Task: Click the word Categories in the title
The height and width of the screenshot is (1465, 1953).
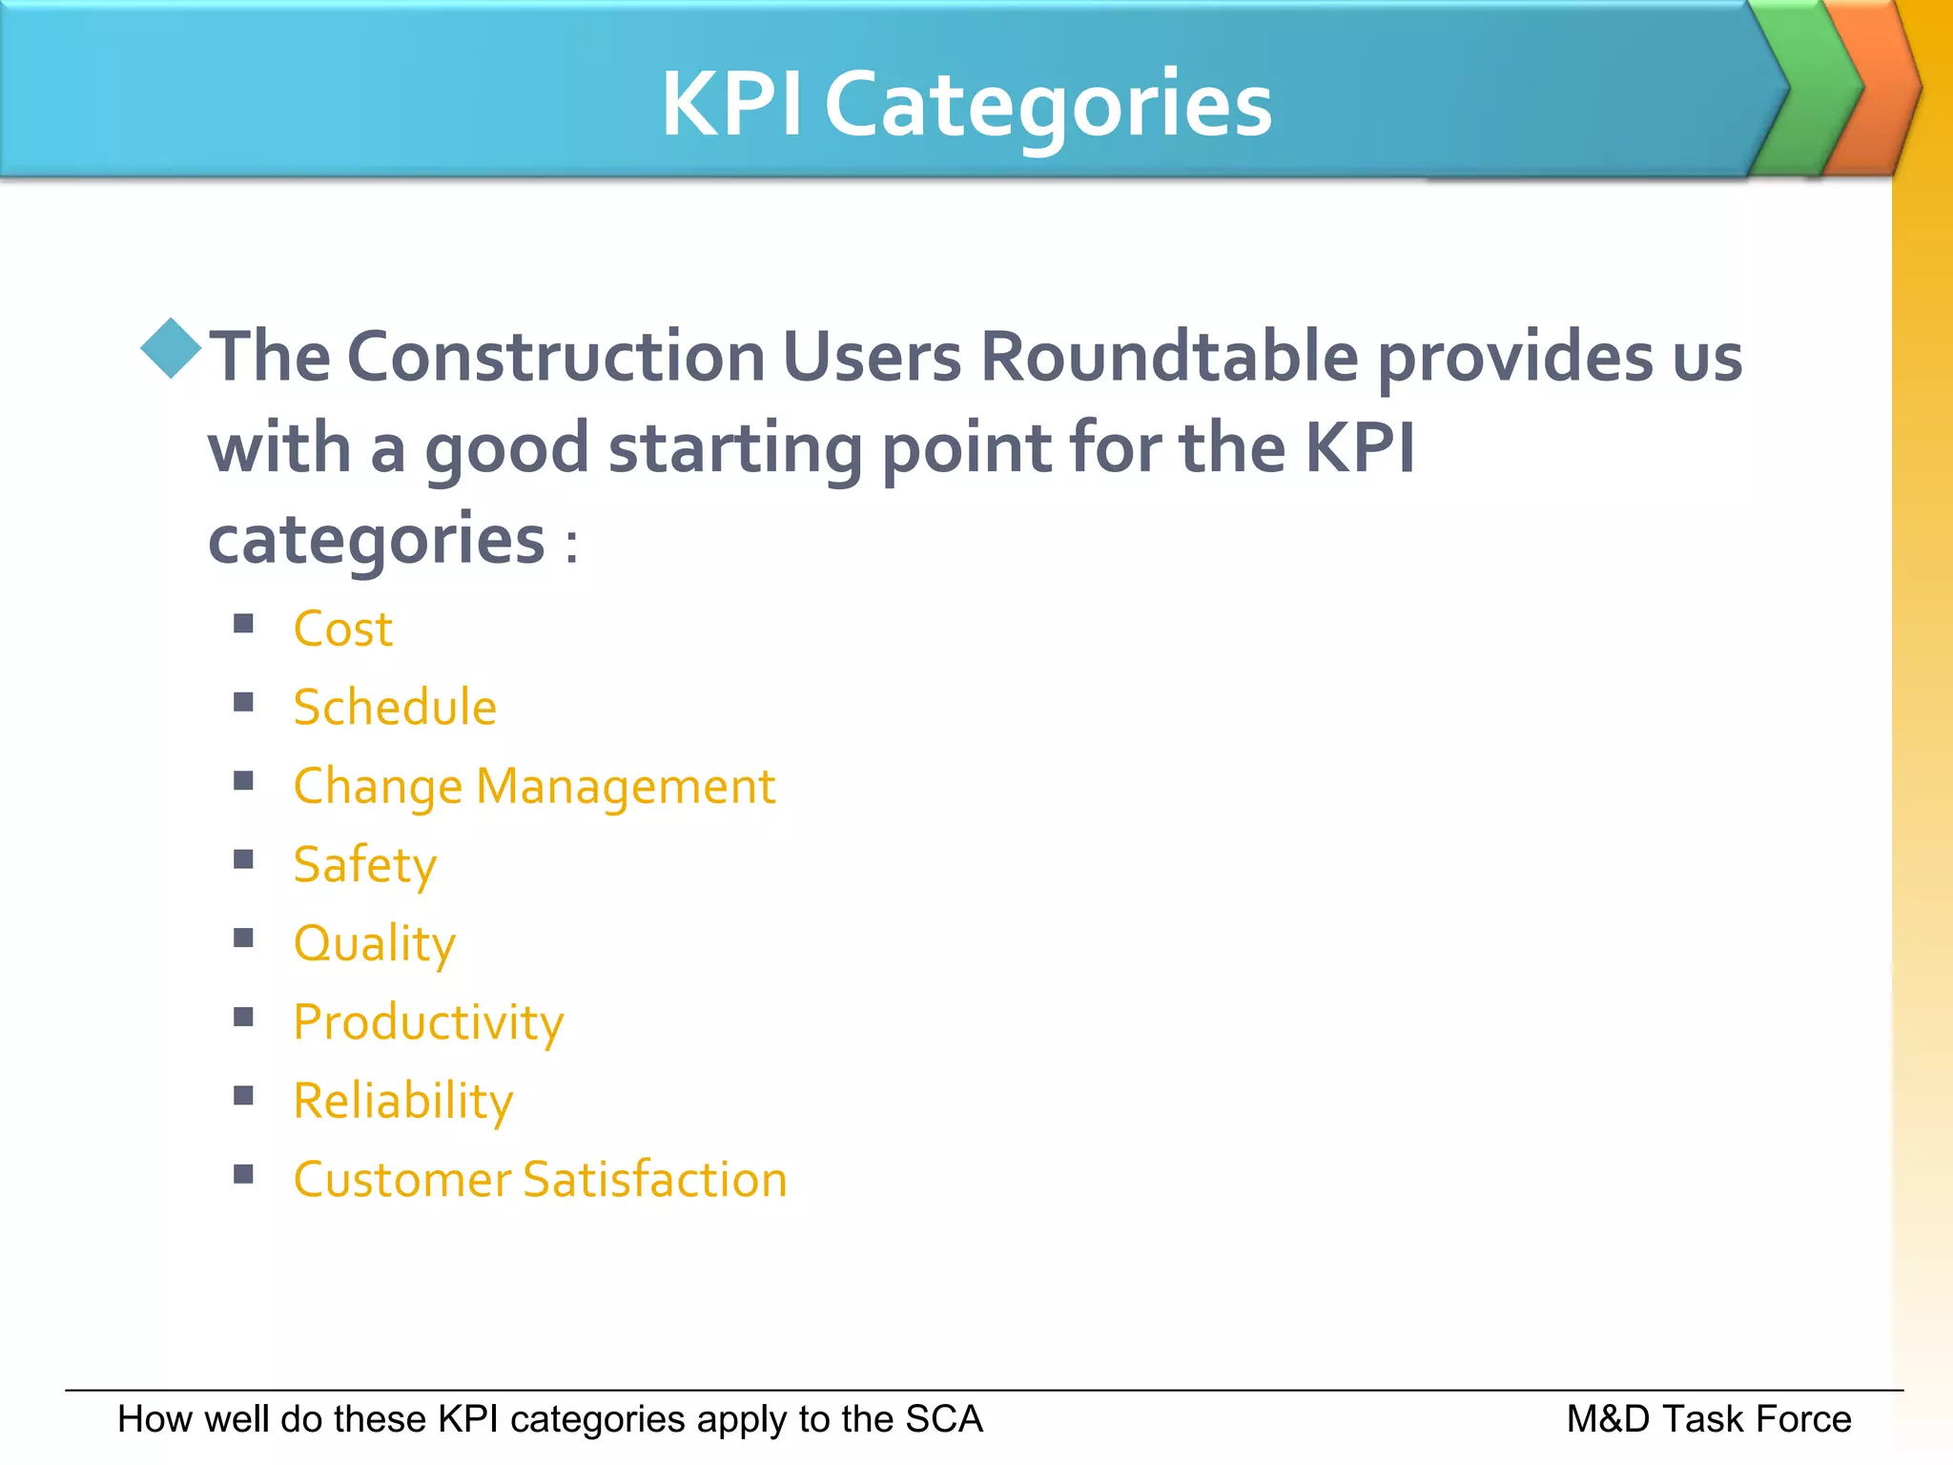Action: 1048,105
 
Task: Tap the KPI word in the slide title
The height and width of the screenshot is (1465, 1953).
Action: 731,105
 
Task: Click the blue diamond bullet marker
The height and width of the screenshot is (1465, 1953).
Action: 171,348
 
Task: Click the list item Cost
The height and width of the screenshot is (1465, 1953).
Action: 342,629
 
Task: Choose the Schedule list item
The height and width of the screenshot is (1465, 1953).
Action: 395,708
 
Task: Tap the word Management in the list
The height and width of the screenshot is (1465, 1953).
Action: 626,787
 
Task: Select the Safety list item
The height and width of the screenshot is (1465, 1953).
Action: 364,865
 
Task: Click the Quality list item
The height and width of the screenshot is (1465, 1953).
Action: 374,944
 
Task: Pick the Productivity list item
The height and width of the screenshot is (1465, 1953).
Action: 428,1022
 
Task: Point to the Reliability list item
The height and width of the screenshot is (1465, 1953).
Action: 402,1101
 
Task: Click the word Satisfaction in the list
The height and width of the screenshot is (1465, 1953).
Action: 655,1180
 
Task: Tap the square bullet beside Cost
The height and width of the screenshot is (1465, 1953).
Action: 244,624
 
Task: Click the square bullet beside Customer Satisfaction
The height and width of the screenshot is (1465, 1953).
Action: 244,1174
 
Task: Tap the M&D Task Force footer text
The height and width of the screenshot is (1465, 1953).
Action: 1708,1419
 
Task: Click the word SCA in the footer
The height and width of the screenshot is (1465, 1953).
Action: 943,1419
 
